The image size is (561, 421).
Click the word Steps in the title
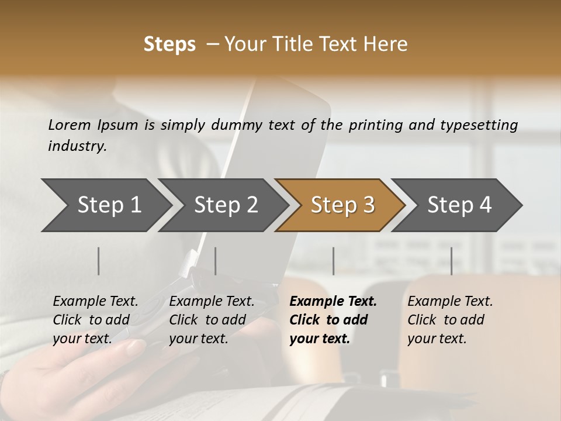[x=169, y=44]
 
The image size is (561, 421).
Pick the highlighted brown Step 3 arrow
[x=342, y=205]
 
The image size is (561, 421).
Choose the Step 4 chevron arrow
[x=459, y=205]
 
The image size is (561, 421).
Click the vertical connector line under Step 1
[x=99, y=261]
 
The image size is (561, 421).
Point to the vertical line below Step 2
[x=216, y=261]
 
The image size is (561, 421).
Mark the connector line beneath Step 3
[x=334, y=261]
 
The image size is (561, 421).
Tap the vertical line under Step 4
[x=451, y=261]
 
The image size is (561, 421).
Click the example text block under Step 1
[x=95, y=320]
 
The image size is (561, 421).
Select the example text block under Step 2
[x=212, y=320]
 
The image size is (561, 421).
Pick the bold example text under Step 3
[x=333, y=320]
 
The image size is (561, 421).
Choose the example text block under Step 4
[x=450, y=320]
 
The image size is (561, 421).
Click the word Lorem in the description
[x=70, y=125]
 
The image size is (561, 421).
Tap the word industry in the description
[x=77, y=146]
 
